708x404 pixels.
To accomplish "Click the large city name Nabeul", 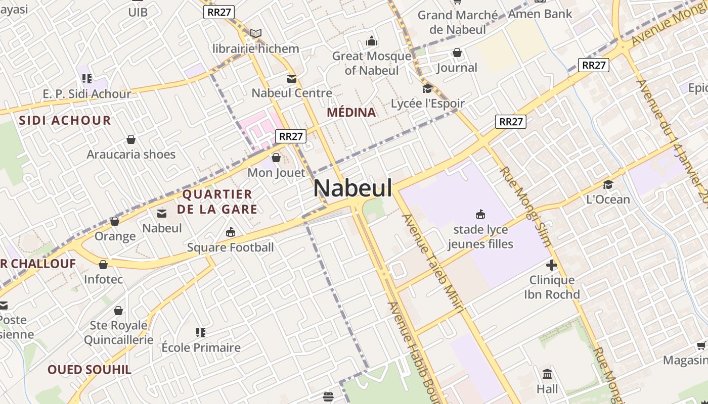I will tap(352, 188).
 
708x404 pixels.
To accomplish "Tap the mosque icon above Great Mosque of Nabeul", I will tap(372, 41).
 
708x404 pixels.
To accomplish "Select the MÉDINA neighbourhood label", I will tap(351, 112).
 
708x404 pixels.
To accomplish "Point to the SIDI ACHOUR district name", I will tap(65, 120).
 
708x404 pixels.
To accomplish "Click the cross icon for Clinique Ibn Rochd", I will tap(552, 265).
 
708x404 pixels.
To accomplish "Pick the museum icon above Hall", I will tap(547, 374).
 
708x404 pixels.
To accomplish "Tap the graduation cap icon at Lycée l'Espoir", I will tap(427, 89).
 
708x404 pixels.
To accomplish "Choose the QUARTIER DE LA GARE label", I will tap(217, 201).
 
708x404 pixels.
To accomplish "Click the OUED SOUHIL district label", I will tap(90, 370).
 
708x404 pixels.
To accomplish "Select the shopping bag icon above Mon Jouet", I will tap(276, 158).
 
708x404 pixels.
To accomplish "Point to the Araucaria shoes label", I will tap(131, 154).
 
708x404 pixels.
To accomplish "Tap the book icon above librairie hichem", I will tap(256, 34).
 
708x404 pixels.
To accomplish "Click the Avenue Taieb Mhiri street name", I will tap(432, 263).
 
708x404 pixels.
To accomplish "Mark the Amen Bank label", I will tap(540, 14).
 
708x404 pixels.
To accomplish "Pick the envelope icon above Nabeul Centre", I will tap(292, 78).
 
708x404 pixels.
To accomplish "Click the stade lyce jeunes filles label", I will tap(480, 237).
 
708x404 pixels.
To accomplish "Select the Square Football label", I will tap(230, 247).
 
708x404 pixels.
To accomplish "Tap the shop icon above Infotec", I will tap(103, 265).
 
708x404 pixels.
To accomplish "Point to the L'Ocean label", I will tap(608, 199).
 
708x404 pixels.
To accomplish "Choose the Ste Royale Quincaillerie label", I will tap(118, 332).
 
